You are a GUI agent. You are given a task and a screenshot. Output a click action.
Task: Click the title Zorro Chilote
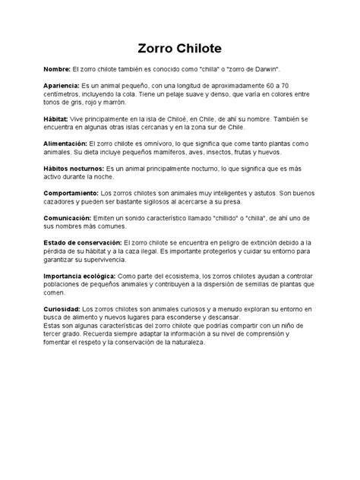click(179, 48)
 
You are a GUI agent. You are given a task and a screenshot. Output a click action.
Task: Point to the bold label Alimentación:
click(66, 144)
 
